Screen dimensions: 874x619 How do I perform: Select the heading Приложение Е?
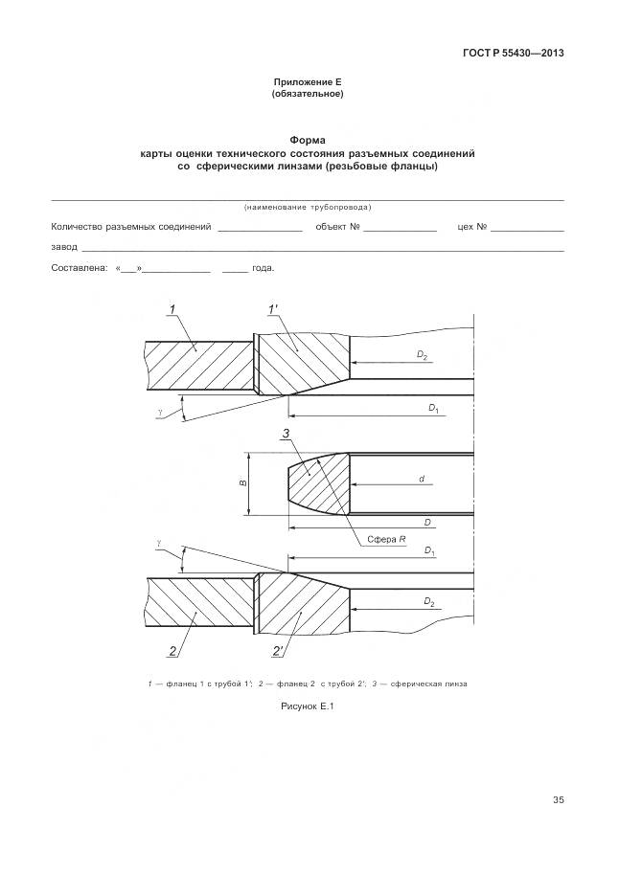(308, 83)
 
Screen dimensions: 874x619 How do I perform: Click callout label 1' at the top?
(274, 308)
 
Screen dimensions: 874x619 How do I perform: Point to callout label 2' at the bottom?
(277, 652)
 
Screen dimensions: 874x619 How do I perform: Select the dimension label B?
(243, 483)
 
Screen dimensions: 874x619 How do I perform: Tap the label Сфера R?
(388, 540)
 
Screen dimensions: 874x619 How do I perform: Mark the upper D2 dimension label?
(422, 355)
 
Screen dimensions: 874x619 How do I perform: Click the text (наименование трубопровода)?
(308, 207)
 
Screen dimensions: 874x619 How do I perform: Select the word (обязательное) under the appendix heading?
(308, 95)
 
